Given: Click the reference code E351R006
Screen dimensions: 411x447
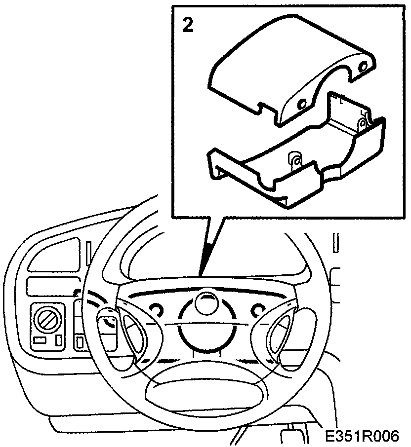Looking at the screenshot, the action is (361, 437).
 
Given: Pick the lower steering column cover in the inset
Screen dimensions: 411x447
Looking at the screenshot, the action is (296, 158).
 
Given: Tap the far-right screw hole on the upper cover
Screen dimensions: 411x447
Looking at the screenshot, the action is (364, 67).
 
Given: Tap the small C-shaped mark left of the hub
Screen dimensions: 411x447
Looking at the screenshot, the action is (157, 309).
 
